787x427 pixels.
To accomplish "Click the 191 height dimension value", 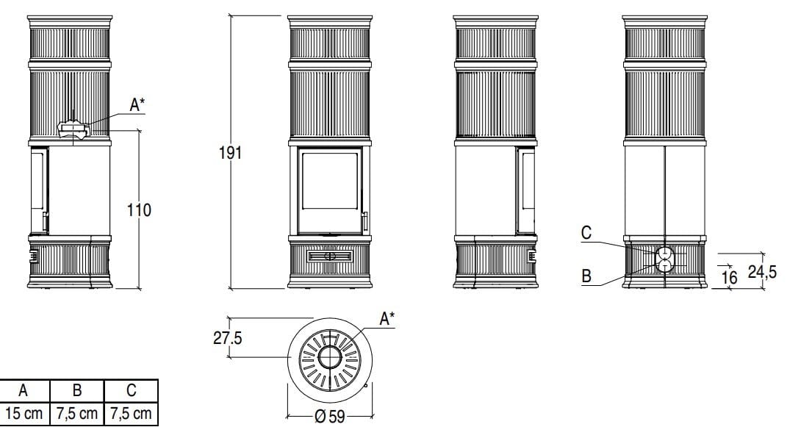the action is [x=231, y=153].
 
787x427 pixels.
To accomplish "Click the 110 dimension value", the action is [x=139, y=209].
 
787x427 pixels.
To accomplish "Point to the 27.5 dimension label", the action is [x=227, y=338].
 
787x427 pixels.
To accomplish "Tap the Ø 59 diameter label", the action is [x=329, y=417].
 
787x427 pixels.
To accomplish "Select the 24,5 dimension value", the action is [x=762, y=272].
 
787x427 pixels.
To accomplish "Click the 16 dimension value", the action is [x=729, y=278].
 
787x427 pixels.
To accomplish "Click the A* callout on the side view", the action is [x=137, y=105].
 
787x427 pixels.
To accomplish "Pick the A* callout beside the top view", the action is [x=387, y=319].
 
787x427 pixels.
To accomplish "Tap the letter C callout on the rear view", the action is [x=586, y=233].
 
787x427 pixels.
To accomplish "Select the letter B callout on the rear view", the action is [x=586, y=276].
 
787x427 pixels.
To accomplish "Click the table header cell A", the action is [x=23, y=390].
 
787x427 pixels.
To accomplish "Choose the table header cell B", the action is [x=77, y=390].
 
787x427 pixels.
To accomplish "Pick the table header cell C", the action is [x=131, y=390].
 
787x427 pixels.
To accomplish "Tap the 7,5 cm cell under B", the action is [x=77, y=414].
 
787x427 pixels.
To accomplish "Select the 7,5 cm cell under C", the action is [x=131, y=414].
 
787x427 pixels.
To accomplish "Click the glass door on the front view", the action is [x=330, y=190].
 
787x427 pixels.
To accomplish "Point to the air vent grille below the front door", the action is [x=330, y=256].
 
